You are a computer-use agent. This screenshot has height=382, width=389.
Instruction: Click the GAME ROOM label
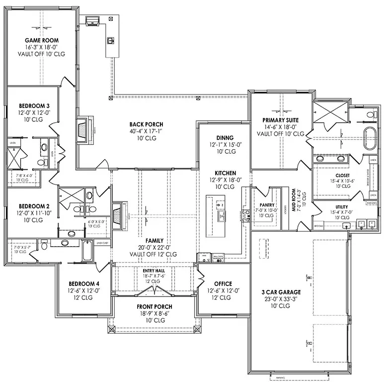pos(41,40)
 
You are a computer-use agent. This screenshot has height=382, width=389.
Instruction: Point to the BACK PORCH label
pos(146,124)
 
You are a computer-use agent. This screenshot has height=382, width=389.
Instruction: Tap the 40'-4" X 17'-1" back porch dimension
pos(146,131)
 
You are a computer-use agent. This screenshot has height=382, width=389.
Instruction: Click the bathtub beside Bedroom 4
pos(87,251)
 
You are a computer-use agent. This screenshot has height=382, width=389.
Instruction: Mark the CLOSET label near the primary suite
pos(342,175)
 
